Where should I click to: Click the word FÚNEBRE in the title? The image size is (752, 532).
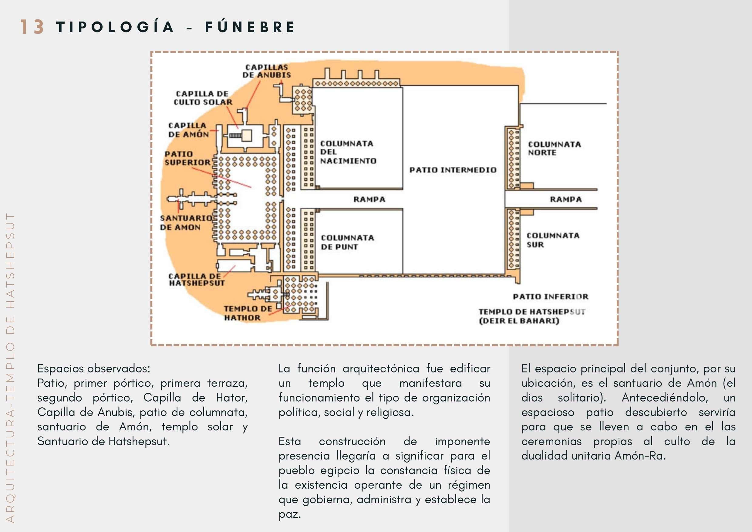[x=250, y=27]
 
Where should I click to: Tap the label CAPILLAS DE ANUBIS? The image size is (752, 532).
[x=266, y=71]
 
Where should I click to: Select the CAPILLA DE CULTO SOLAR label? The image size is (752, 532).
[x=203, y=98]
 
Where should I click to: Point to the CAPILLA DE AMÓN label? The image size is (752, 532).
[x=188, y=130]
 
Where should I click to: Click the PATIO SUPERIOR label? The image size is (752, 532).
[x=187, y=158]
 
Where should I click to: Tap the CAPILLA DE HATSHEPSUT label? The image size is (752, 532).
[x=197, y=279]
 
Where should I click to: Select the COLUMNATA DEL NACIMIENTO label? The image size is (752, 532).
[x=348, y=152]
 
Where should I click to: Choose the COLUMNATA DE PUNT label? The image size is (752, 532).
[x=347, y=242]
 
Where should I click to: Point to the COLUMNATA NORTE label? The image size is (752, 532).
[x=554, y=148]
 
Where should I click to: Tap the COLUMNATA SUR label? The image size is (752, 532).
[x=553, y=240]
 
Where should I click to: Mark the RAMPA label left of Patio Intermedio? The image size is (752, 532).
[x=369, y=200]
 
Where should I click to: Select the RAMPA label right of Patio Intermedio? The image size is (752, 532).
[x=565, y=200]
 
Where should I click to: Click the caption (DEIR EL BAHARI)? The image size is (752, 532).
[x=519, y=321]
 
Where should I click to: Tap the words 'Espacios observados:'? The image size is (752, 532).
[x=94, y=369]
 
